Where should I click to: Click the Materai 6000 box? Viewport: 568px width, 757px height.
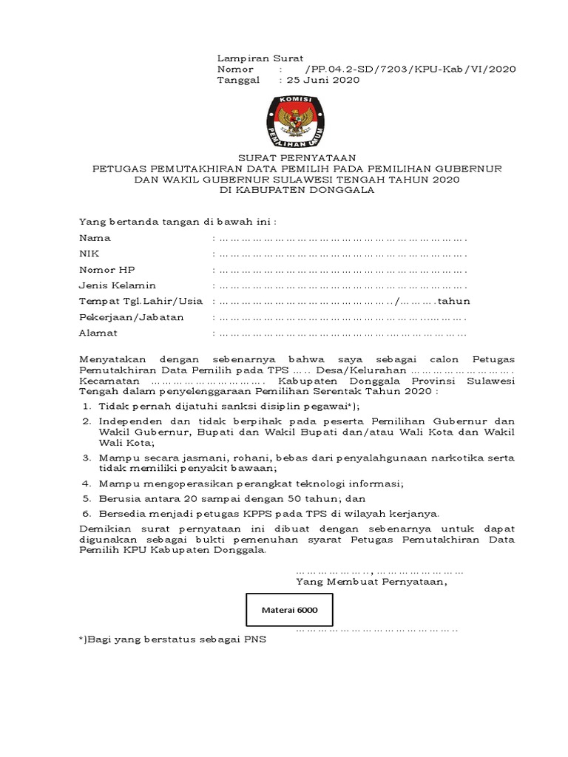[x=289, y=610]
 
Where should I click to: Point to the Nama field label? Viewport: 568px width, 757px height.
[x=95, y=238]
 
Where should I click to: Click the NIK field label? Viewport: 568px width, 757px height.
[x=88, y=254]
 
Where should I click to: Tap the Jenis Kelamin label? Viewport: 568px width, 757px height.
[x=118, y=285]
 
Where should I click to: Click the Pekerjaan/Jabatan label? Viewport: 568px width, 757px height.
[x=132, y=317]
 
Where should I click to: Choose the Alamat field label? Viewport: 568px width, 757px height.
[x=98, y=333]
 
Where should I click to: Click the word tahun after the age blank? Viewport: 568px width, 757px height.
[x=454, y=302]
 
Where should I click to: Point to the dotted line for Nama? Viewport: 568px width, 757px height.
[x=339, y=239]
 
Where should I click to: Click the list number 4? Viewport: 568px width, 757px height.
[x=86, y=483]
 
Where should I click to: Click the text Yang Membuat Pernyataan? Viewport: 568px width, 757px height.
[x=372, y=581]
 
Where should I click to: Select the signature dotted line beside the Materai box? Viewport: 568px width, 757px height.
[x=377, y=629]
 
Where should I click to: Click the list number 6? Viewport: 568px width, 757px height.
[x=86, y=513]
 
